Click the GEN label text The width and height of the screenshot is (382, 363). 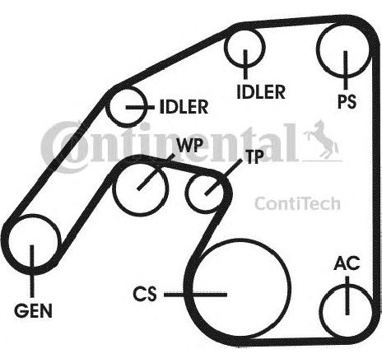(x=33, y=311)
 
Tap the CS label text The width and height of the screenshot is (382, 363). (x=145, y=294)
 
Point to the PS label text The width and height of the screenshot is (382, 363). (x=347, y=101)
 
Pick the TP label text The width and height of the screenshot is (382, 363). (x=254, y=156)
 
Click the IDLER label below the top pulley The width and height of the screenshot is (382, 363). (x=261, y=92)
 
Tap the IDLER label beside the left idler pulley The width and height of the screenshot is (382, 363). (x=184, y=107)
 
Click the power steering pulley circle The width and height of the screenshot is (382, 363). (x=318, y=49)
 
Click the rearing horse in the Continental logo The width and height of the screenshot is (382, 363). (x=321, y=139)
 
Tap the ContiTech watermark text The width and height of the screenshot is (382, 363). (x=297, y=203)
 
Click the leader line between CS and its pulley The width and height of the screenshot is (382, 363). (x=195, y=295)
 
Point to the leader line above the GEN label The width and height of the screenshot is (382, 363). (x=32, y=271)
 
